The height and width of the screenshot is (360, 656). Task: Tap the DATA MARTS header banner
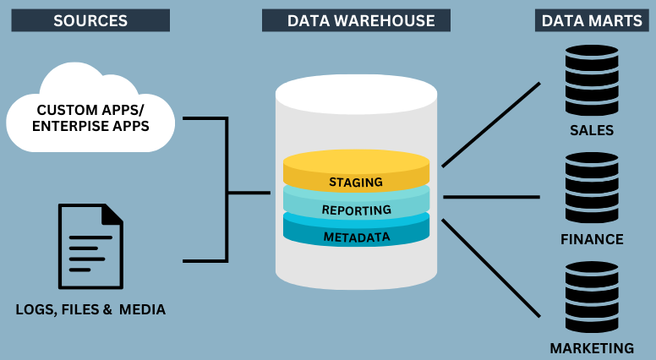pos(591,20)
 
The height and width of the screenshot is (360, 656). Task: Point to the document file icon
pos(90,246)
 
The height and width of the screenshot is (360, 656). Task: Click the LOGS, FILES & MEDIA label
pos(90,310)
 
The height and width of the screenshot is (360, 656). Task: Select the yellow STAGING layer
pos(356,181)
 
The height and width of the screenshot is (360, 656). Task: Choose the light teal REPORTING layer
pos(356,209)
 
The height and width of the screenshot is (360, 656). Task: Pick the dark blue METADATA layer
pos(356,236)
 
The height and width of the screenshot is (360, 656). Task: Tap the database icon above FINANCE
pos(591,188)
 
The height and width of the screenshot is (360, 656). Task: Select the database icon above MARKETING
pos(591,297)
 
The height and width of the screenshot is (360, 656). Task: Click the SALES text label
pos(592,131)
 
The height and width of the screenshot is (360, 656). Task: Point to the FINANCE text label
pos(592,239)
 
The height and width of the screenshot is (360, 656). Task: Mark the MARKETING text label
pos(592,348)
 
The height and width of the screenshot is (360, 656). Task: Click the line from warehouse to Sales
pos(490,124)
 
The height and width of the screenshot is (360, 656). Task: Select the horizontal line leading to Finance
pos(491,197)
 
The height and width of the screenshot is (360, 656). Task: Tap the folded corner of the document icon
pos(112,215)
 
